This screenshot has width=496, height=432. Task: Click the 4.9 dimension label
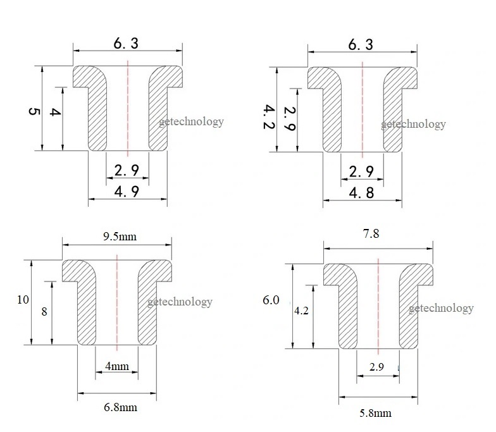127,191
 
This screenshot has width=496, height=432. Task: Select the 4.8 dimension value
361,192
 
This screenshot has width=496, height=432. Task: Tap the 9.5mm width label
120,237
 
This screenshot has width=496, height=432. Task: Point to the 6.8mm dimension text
120,407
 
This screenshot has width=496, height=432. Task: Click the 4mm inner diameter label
117,366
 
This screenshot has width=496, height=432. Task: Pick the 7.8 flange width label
371,234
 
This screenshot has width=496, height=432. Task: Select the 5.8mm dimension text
376,413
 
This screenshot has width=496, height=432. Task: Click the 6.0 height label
271,300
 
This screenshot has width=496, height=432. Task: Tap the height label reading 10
23,300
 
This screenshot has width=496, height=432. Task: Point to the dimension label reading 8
44,312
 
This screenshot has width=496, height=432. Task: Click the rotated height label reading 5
34,111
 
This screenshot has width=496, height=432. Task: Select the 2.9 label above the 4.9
127,170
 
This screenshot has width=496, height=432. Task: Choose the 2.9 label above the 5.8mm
376,367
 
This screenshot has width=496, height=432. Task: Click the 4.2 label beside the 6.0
301,311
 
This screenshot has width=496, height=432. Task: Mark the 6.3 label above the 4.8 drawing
361,44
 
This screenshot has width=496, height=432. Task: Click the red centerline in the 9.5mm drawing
117,302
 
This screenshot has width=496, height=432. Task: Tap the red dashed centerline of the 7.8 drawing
378,306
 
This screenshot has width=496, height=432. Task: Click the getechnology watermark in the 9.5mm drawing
180,302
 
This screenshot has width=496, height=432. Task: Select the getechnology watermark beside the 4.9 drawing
191,121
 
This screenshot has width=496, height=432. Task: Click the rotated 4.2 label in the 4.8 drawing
269,117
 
